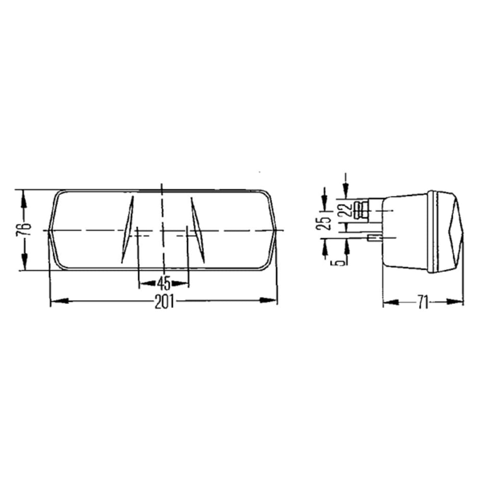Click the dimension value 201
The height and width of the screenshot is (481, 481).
pos(164,302)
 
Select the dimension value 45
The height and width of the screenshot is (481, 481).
pos(164,283)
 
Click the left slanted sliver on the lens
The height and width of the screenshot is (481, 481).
pos(127,229)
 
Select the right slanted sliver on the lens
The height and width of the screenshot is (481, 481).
pos(198,229)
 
